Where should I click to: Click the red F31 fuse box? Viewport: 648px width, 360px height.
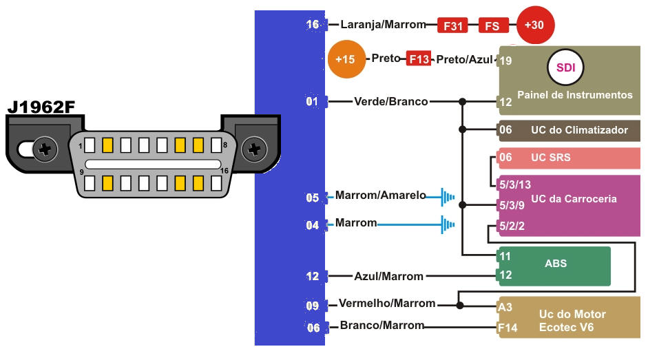453,26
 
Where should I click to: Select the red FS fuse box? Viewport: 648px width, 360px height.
492,26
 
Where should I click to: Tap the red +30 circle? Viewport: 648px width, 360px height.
535,25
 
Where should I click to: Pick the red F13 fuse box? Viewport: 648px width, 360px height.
418,59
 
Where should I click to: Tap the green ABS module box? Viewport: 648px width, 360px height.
554,266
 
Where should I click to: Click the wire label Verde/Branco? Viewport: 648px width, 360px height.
390,102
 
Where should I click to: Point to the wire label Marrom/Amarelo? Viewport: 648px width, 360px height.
381,196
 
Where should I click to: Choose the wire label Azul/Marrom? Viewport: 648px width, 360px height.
388,276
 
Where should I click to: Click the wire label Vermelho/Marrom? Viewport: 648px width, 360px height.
387,304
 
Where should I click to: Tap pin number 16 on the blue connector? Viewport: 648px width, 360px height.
313,25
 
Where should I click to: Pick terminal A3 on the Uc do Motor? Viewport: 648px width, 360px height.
505,307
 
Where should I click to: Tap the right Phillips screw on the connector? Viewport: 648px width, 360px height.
255,148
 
